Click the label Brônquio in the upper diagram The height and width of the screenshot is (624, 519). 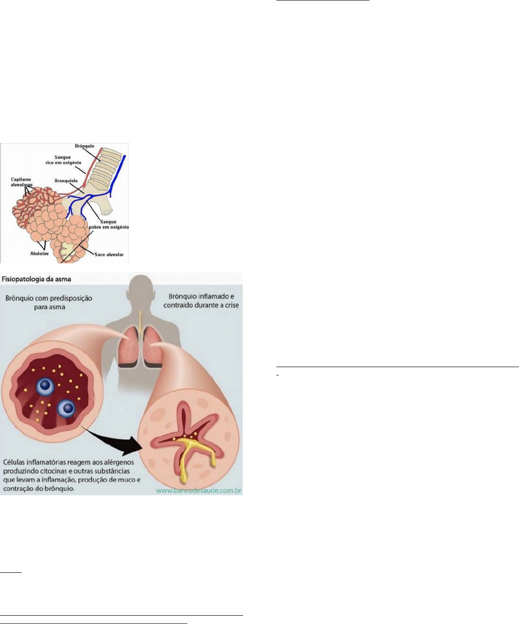pos(84,146)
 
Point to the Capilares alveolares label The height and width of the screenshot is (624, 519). pos(21,182)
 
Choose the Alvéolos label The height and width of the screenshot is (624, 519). pos(40,254)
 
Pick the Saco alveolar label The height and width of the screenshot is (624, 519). pos(109,255)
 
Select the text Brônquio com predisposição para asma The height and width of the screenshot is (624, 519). pos(48,302)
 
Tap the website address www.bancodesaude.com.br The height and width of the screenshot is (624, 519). pos(199,491)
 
